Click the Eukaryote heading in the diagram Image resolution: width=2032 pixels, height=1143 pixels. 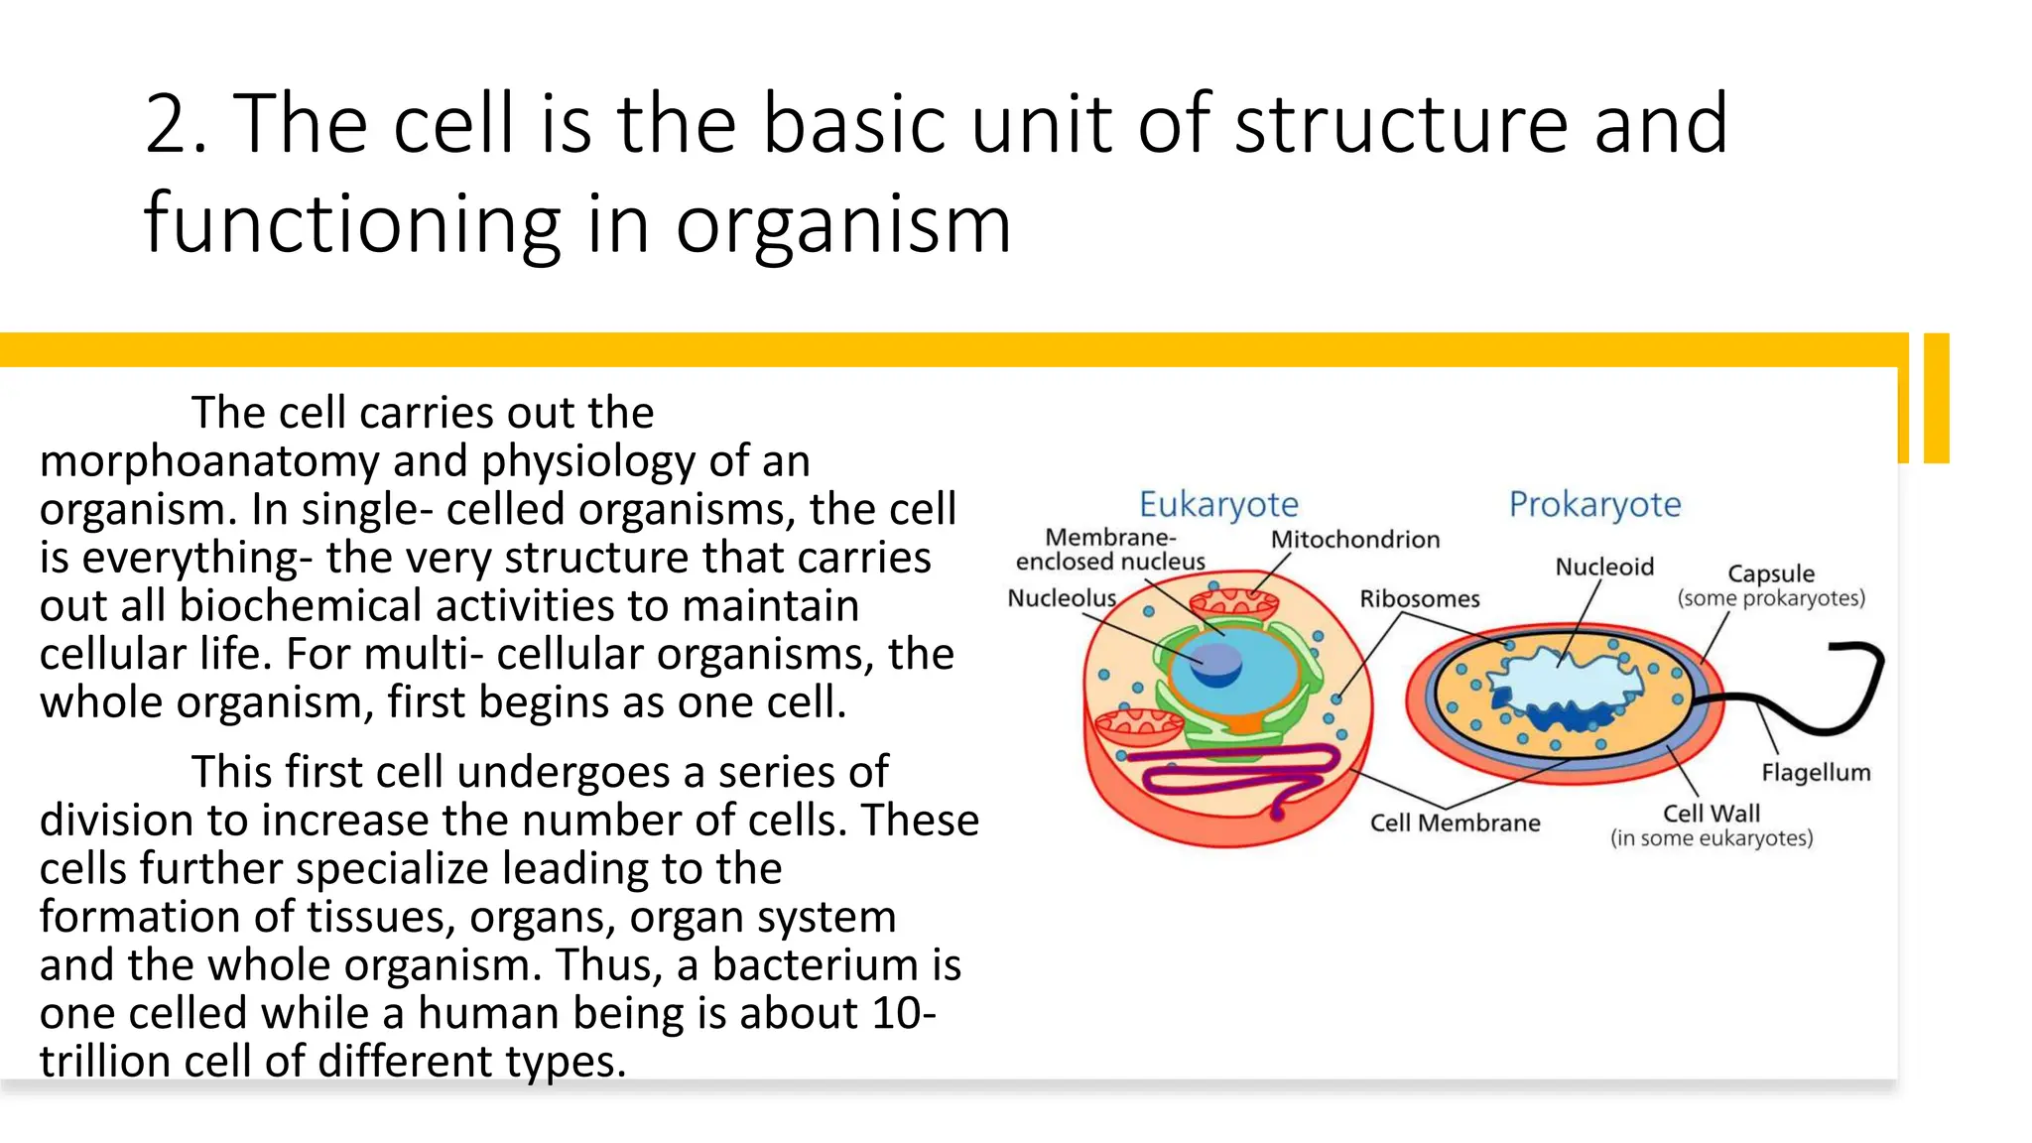click(1217, 505)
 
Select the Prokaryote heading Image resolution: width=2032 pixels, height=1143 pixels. click(1594, 505)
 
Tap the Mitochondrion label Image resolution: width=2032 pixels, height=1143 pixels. click(1354, 540)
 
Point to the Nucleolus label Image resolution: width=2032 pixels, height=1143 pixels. click(1062, 598)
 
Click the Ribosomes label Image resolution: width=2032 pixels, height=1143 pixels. click(1419, 599)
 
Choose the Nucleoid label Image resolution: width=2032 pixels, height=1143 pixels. click(1603, 568)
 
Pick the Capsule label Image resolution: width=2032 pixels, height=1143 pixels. click(1770, 574)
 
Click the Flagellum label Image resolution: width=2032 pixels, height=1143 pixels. click(1816, 773)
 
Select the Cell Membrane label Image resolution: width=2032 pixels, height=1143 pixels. click(1455, 824)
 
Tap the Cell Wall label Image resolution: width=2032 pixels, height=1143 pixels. click(1711, 815)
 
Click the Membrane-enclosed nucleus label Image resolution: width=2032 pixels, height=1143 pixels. click(1110, 550)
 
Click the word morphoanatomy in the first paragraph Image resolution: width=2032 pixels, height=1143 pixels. click(208, 462)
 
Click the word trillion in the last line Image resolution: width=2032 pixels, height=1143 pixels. click(104, 1062)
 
